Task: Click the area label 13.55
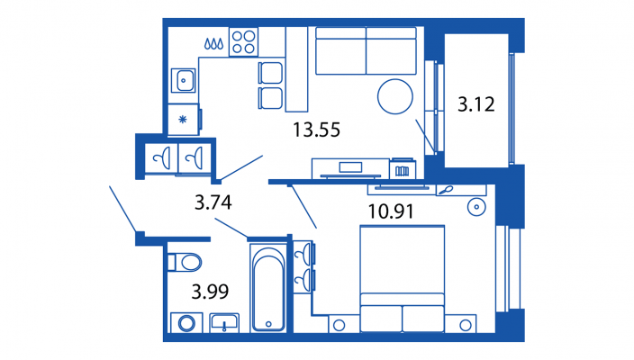[x=316, y=130]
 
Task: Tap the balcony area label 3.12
[x=475, y=104]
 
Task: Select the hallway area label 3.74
[x=213, y=202]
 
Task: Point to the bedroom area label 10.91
[x=391, y=211]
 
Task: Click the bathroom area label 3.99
[x=210, y=292]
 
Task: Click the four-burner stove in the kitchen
[x=243, y=42]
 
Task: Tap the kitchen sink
[x=183, y=80]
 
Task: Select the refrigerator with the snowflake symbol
[x=183, y=120]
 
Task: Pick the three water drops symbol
[x=213, y=43]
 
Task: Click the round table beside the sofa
[x=395, y=96]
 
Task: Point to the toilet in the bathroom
[x=185, y=263]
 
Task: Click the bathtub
[x=268, y=288]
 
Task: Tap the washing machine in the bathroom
[x=186, y=323]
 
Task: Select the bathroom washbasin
[x=224, y=323]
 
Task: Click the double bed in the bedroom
[x=402, y=279]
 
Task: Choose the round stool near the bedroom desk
[x=476, y=207]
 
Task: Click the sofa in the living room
[x=366, y=51]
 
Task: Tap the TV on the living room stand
[x=350, y=166]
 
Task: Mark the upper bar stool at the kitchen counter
[x=270, y=73]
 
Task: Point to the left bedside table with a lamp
[x=340, y=324]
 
